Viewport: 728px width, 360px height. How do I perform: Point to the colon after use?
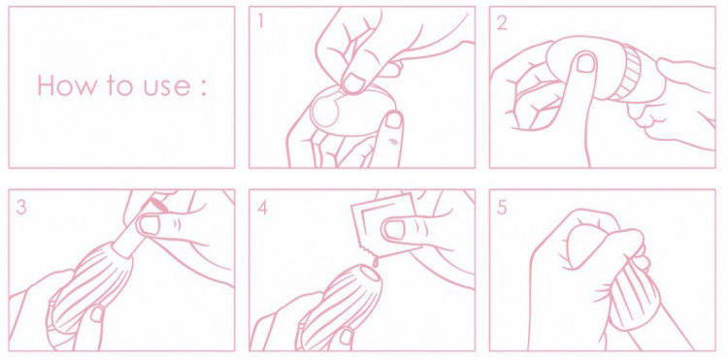point(203,88)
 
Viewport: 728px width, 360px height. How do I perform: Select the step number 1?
point(261,21)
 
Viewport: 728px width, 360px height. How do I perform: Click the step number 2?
point(502,22)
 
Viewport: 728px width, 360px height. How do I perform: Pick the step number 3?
point(21,207)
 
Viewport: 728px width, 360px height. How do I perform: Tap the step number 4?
point(262,208)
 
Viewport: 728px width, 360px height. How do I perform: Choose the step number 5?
point(502,208)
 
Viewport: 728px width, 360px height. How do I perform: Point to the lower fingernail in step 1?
point(394,119)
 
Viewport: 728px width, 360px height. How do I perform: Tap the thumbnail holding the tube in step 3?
point(149,224)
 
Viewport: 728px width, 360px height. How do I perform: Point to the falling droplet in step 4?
point(374,263)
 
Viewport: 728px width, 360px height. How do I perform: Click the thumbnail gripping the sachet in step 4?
point(394,228)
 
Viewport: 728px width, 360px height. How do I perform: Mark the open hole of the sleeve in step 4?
point(372,275)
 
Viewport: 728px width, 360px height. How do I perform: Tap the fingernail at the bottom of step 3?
point(98,313)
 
